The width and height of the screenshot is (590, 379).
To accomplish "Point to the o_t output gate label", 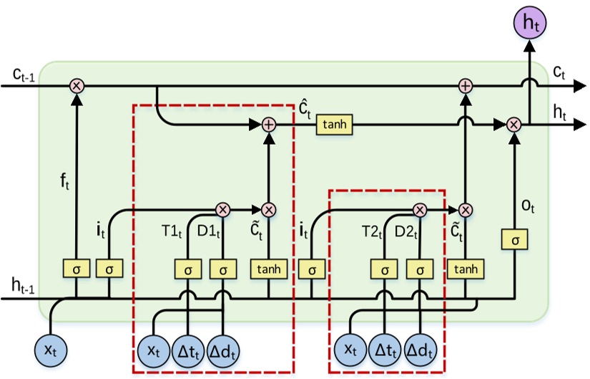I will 527,207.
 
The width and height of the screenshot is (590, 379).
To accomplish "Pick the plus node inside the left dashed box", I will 269,125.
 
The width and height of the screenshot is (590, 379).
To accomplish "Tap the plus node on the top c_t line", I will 466,86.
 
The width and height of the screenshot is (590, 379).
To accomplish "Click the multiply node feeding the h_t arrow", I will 513,125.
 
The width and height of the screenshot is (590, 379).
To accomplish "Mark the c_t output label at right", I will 560,72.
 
